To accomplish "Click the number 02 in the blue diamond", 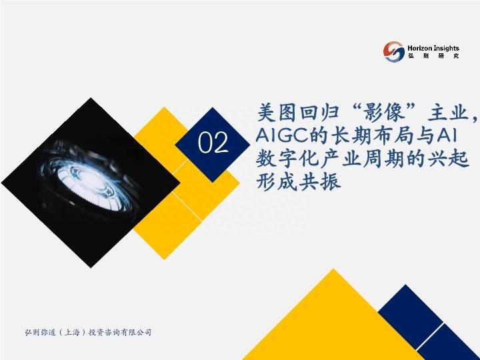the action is [x=213, y=143].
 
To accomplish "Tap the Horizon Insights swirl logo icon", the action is [x=394, y=52].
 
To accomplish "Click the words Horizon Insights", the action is [x=433, y=48].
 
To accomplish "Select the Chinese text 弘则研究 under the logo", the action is [x=433, y=56].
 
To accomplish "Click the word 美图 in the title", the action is [x=277, y=113].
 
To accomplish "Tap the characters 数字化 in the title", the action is [x=287, y=159].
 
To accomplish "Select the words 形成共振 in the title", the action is [x=299, y=181].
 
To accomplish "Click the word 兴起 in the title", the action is [x=449, y=159].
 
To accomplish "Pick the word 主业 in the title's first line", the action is [x=448, y=113].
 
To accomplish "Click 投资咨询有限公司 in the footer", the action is [x=120, y=332].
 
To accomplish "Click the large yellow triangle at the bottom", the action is [x=333, y=325].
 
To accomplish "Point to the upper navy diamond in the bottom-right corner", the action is [x=410, y=313].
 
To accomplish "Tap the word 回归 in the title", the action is [x=320, y=113].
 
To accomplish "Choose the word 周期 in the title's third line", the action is [x=384, y=159].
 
